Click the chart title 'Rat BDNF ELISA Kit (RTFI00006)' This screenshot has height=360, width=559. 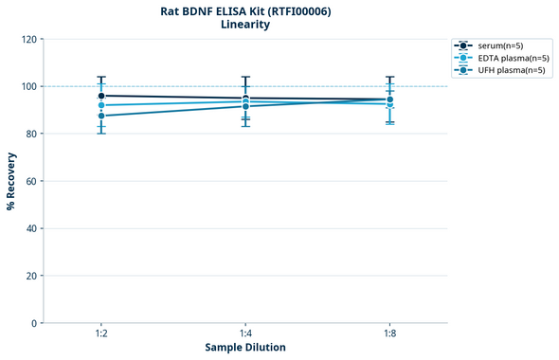[x=245, y=11]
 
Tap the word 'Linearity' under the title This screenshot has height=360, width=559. [x=245, y=25]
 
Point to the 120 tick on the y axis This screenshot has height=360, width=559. [x=29, y=40]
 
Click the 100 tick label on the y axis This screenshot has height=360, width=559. [x=29, y=87]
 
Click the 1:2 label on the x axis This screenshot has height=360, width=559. [x=101, y=334]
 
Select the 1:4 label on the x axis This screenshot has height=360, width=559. [x=245, y=334]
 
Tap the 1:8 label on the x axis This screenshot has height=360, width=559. [x=389, y=334]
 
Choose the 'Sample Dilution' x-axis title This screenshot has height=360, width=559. [x=245, y=348]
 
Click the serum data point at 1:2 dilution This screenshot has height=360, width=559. [x=101, y=96]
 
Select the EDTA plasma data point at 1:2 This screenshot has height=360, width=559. [x=101, y=105]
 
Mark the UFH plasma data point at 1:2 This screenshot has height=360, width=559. [x=101, y=116]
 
